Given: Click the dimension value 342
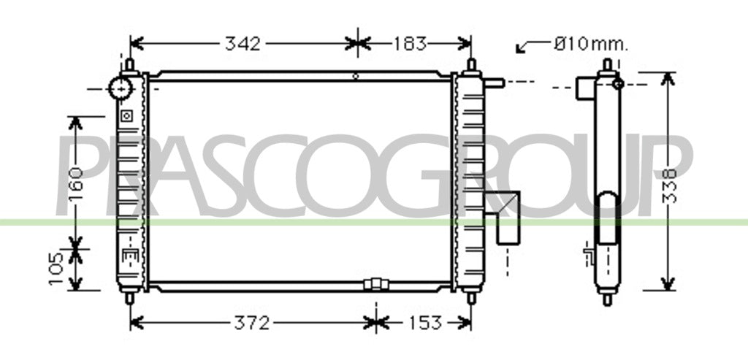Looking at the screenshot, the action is point(243,44).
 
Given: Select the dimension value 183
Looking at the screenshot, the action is point(409,44).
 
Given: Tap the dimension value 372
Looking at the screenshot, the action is point(252,323).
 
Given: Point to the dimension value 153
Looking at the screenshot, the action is point(424,323).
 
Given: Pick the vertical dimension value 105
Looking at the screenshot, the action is point(57,269).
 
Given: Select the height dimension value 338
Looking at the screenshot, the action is point(671,185).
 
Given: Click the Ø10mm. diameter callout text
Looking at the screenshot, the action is point(591,45).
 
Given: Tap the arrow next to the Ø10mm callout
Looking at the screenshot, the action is point(533,46).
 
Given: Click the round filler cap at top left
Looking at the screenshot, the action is point(121,88).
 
